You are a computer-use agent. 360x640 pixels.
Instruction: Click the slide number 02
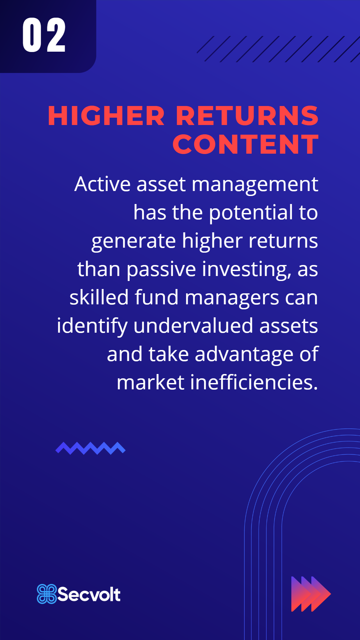44,35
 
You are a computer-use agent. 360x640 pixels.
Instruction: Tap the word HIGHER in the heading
106,116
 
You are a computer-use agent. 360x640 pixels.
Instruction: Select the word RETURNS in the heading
247,116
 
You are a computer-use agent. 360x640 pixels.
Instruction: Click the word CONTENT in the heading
246,145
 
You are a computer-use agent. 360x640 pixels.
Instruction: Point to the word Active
102,184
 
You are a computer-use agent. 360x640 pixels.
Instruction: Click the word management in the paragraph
255,185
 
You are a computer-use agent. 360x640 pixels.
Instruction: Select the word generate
133,241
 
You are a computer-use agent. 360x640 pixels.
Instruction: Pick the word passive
161,270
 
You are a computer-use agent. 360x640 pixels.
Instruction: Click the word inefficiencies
254,382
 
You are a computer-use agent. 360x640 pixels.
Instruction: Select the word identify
92,326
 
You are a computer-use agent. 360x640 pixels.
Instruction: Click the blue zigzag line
90,448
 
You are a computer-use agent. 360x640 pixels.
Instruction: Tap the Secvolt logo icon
47,594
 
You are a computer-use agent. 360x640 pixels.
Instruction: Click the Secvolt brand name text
89,594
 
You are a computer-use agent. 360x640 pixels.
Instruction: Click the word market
150,382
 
